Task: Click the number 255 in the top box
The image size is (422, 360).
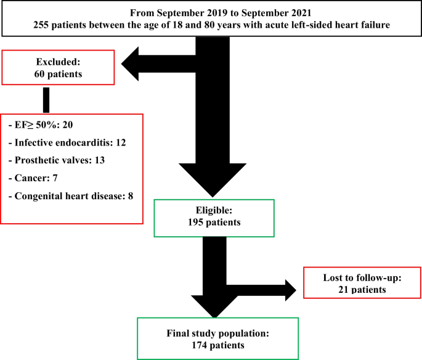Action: pyautogui.click(x=44, y=24)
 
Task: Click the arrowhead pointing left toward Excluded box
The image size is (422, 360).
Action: pyautogui.click(x=134, y=63)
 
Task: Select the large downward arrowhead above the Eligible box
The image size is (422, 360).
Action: pyautogui.click(x=211, y=179)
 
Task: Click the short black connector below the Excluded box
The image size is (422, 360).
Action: pyautogui.click(x=46, y=99)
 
